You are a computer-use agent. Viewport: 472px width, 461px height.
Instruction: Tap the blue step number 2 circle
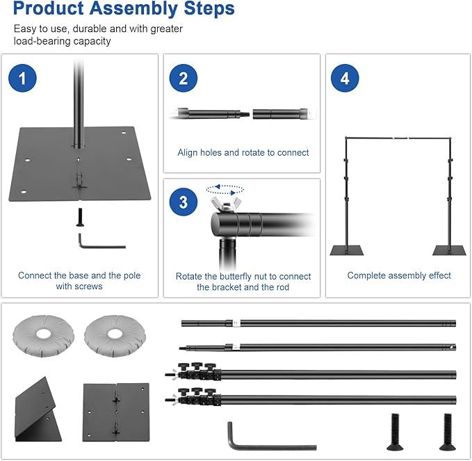[x=184, y=79]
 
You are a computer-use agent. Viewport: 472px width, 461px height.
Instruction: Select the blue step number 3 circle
[x=184, y=202]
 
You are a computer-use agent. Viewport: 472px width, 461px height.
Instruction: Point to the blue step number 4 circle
[x=345, y=79]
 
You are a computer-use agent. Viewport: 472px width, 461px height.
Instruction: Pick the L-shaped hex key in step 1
[x=97, y=243]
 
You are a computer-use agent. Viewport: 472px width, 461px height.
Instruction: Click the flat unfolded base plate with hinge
[x=115, y=412]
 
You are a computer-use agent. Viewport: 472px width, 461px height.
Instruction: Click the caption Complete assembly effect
[x=399, y=276]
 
